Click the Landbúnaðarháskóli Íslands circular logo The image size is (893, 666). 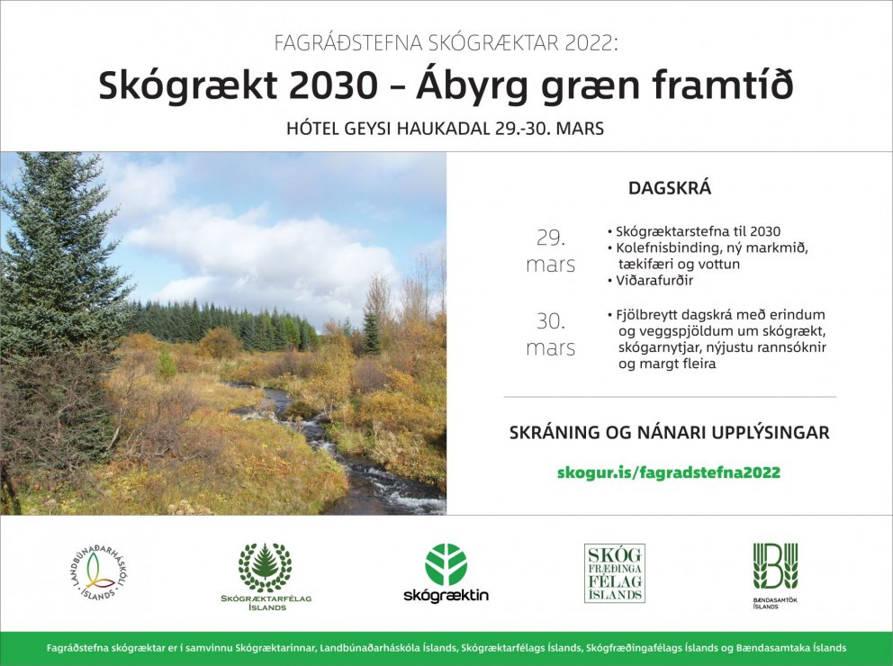[96, 573]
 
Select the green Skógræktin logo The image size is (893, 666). [446, 573]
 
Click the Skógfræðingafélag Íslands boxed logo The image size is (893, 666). [614, 572]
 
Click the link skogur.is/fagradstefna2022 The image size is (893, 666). [669, 472]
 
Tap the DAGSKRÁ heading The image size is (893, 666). [669, 189]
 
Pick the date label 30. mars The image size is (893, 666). [550, 334]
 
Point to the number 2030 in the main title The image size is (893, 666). [336, 85]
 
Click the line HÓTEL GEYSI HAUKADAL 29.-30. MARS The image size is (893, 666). [445, 129]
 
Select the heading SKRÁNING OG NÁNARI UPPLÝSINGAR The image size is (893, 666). [669, 433]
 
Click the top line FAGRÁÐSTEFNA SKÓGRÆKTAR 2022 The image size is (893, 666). [446, 42]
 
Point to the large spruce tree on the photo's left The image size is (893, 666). [54, 270]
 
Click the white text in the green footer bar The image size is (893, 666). [446, 648]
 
